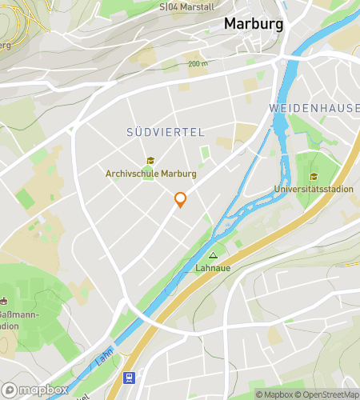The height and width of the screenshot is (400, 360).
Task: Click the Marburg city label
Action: tap(253, 24)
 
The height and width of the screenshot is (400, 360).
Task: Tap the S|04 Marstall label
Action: tap(186, 6)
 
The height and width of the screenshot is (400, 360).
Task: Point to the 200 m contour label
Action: tap(197, 63)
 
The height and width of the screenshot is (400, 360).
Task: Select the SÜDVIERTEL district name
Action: tap(166, 131)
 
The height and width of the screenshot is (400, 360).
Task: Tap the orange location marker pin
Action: tap(180, 199)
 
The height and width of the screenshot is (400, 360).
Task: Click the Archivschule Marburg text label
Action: tap(150, 174)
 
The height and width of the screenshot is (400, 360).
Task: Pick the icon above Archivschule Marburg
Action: tap(150, 161)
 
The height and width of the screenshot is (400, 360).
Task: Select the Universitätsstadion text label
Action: tap(313, 190)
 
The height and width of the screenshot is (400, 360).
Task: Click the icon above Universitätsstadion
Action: tap(313, 177)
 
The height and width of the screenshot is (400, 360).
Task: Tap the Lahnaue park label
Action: tap(213, 269)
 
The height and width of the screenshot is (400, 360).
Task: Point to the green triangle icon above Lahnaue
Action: tap(213, 256)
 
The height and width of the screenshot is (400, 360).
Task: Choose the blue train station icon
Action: tap(127, 377)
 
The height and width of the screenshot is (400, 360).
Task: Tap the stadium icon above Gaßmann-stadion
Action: tap(4, 302)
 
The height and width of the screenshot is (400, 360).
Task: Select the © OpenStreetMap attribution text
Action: tap(330, 394)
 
